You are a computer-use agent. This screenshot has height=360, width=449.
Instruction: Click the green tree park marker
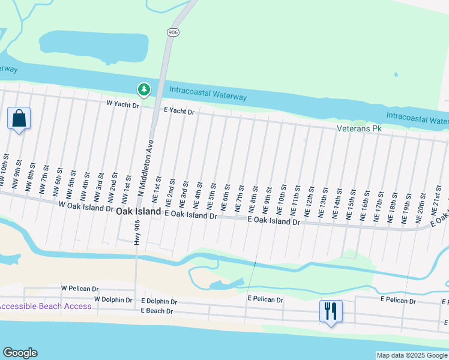tap(144, 90)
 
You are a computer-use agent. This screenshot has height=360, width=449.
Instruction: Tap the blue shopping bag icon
tap(19, 118)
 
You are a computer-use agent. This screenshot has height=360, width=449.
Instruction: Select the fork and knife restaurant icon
tap(330, 311)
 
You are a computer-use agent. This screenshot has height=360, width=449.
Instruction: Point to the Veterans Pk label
tap(359, 128)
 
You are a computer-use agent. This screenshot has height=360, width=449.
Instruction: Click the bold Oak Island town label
tap(138, 211)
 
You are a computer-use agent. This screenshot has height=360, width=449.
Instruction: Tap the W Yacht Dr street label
tap(122, 105)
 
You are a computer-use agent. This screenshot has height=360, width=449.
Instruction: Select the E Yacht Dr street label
tap(179, 112)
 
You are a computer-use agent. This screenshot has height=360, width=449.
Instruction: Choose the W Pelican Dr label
tap(79, 288)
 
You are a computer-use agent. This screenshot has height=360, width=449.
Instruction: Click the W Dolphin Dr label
tap(113, 299)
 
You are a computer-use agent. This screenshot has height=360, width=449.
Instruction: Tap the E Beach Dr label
tap(157, 311)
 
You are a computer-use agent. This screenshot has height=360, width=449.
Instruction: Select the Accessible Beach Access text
tap(46, 306)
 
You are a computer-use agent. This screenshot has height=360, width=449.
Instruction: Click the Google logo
tap(20, 353)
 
